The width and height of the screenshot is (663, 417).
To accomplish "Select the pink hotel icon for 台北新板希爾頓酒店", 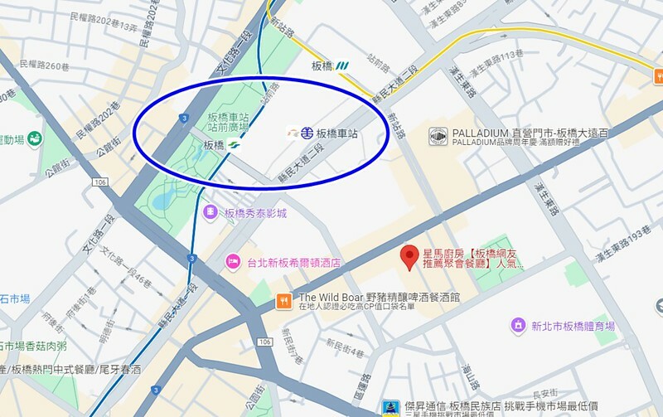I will (233, 263).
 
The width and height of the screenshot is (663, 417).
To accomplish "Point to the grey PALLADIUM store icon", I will (438, 134).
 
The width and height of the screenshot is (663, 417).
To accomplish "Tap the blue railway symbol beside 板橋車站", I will (306, 133).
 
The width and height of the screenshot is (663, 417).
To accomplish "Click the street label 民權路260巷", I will (42, 65).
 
